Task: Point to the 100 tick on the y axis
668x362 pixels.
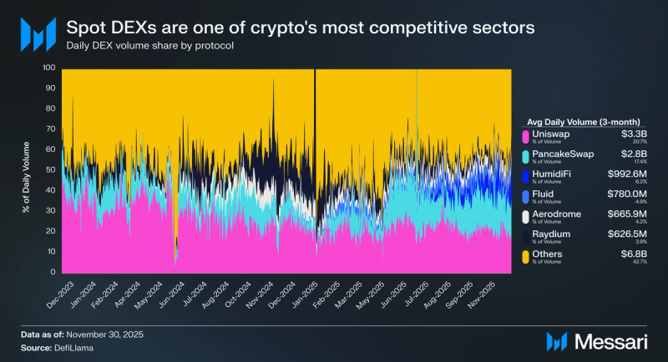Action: pyautogui.click(x=48, y=68)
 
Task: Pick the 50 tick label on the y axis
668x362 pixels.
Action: pyautogui.click(x=50, y=170)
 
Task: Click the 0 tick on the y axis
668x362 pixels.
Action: pyautogui.click(x=53, y=273)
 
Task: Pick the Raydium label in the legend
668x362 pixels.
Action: pyautogui.click(x=553, y=234)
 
